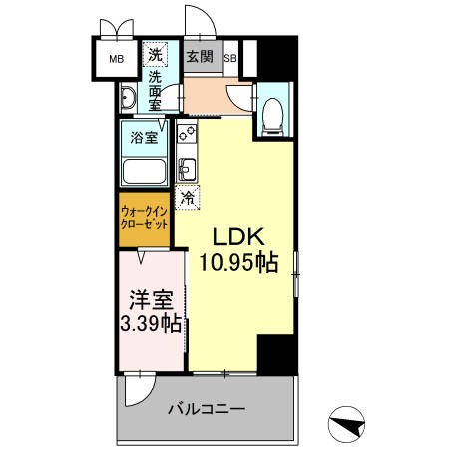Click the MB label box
pyautogui.click(x=118, y=58)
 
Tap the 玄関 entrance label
pyautogui.click(x=198, y=56)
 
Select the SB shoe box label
pyautogui.click(x=229, y=57)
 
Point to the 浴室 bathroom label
pyautogui.click(x=144, y=138)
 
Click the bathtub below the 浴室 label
pyautogui.click(x=145, y=168)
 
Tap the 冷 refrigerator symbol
pyautogui.click(x=187, y=198)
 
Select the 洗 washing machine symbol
pyautogui.click(x=156, y=54)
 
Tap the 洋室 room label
pyautogui.click(x=150, y=297)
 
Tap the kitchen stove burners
pyautogui.click(x=186, y=133)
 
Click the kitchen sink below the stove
pyautogui.click(x=186, y=165)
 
